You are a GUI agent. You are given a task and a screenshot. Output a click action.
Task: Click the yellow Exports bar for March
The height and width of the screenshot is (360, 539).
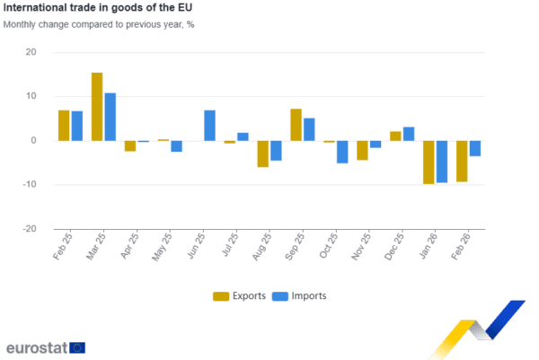(97, 106)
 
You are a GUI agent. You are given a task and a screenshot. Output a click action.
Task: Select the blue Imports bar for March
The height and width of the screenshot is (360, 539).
(110, 117)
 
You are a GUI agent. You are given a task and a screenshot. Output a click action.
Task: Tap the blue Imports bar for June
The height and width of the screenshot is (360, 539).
(209, 125)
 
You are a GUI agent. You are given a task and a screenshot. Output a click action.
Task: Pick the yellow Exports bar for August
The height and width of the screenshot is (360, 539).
(262, 154)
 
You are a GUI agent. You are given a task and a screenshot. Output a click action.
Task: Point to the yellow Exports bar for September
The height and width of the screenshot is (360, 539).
(296, 124)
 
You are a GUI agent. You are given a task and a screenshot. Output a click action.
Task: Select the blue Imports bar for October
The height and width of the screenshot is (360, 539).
(342, 152)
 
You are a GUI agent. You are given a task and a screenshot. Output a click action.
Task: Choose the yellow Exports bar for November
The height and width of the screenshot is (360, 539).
(362, 150)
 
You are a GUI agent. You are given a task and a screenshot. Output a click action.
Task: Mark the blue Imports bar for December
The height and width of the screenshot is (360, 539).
(409, 134)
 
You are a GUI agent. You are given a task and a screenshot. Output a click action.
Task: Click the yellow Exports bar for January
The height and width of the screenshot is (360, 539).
(429, 162)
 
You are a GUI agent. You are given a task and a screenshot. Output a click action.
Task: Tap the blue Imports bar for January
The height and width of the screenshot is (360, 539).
(442, 162)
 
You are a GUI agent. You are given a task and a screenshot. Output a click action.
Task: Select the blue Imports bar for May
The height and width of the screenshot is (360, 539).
(177, 146)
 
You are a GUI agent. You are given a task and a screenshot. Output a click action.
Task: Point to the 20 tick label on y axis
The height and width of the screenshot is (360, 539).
(31, 53)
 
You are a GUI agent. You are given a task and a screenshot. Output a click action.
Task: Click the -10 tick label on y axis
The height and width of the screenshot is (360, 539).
(30, 185)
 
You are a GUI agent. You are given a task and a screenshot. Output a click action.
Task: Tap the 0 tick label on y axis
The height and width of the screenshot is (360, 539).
(34, 141)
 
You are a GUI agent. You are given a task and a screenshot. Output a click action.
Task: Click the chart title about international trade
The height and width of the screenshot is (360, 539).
(97, 8)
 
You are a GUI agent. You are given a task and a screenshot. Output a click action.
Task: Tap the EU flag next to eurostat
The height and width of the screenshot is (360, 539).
(77, 347)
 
